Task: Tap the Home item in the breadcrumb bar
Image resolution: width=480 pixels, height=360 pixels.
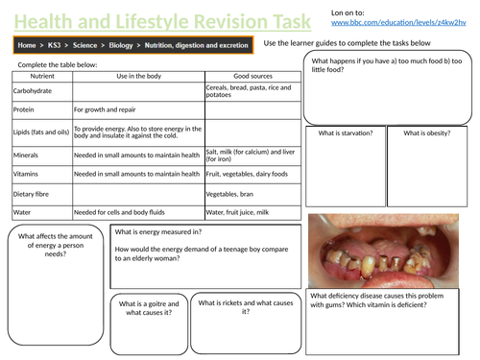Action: (x=27, y=44)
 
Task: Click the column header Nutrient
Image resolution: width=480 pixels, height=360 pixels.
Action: (x=41, y=75)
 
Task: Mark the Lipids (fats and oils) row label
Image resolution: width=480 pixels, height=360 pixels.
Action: (x=40, y=132)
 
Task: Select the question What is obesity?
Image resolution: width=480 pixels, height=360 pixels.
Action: (x=428, y=133)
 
